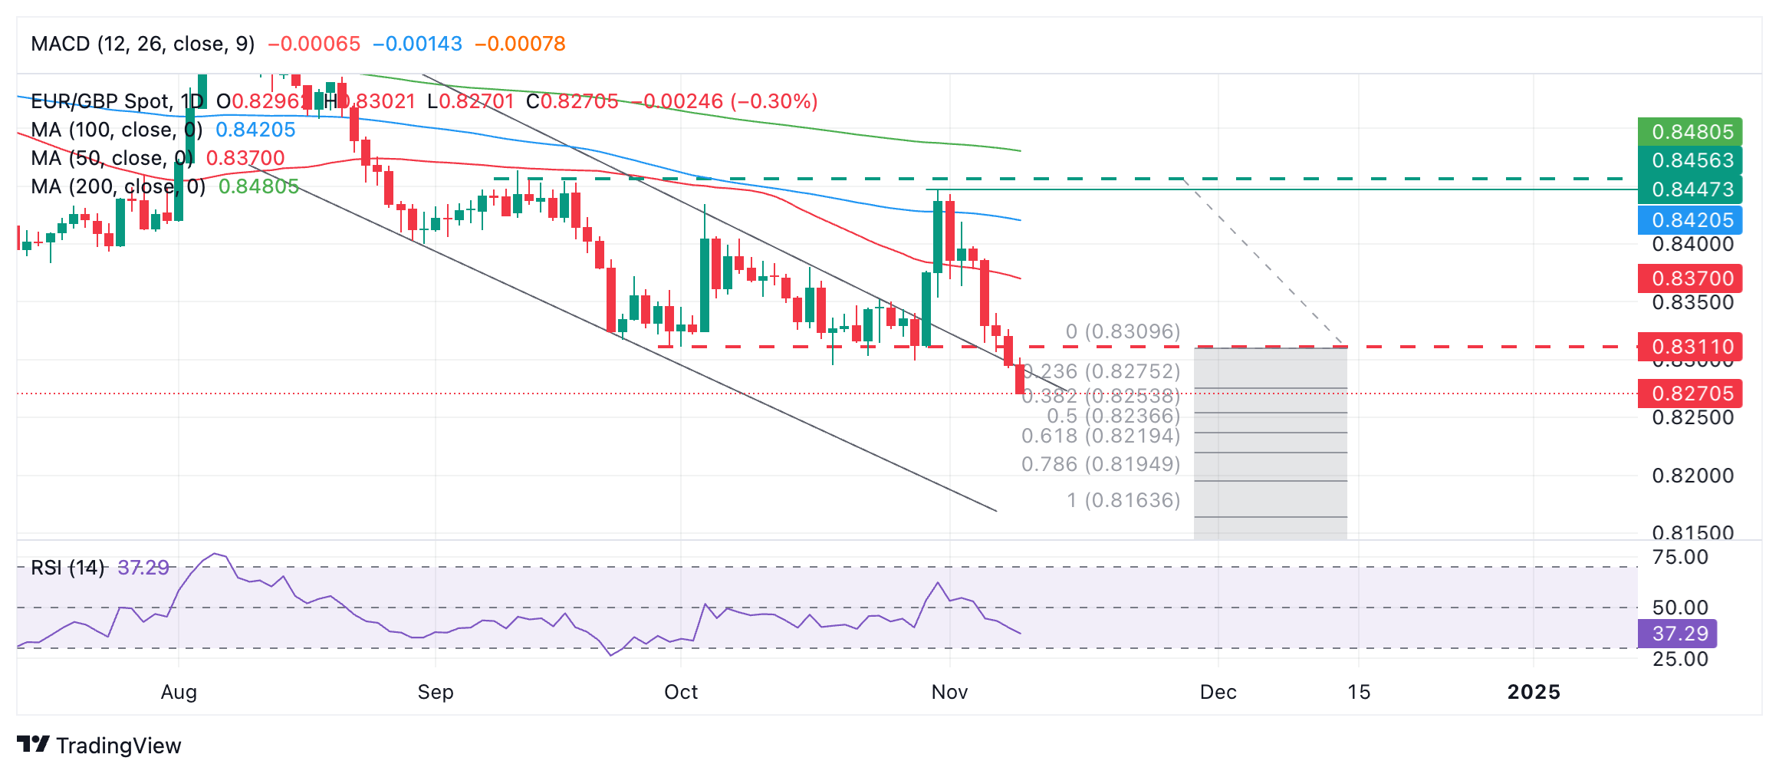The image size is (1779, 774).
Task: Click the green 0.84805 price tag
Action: (1690, 132)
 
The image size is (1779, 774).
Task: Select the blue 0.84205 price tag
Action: (1690, 220)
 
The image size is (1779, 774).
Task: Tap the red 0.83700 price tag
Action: (1690, 278)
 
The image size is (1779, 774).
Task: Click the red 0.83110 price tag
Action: (1690, 347)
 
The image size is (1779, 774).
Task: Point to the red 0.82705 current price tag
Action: (1690, 394)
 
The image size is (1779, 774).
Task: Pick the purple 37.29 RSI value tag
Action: (1678, 634)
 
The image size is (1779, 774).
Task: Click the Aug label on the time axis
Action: (179, 692)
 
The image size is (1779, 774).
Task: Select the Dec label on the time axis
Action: (1218, 692)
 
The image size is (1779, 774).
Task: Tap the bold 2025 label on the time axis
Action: (1534, 692)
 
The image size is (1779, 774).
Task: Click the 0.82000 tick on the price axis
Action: (1692, 476)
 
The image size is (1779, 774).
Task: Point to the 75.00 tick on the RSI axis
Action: (1680, 557)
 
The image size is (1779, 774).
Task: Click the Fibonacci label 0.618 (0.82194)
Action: (1100, 436)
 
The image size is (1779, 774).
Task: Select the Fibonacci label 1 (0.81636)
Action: (1123, 500)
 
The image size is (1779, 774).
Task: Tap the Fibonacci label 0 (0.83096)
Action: (1123, 331)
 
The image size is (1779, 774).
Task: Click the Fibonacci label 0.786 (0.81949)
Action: (1100, 464)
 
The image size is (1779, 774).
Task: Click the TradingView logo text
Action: (118, 746)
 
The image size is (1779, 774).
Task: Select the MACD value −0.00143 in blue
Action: (417, 44)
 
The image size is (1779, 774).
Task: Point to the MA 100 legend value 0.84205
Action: (255, 130)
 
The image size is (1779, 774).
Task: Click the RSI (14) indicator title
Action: (67, 568)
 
